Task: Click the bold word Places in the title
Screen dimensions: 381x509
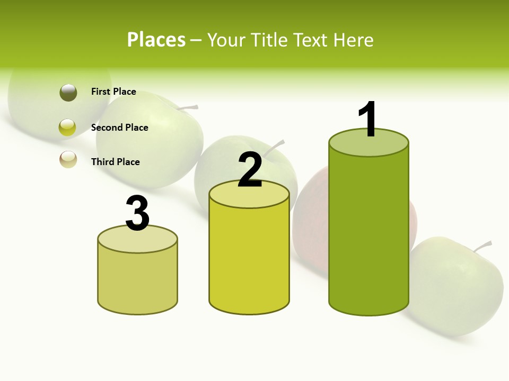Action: click(156, 40)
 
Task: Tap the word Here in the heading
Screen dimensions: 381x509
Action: click(354, 40)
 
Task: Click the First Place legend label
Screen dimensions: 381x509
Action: click(113, 92)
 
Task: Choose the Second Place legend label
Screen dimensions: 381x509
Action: click(119, 128)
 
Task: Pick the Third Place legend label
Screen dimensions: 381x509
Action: click(115, 162)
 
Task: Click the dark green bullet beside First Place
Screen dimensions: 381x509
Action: click(68, 93)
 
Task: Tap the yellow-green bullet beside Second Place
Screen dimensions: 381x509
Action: click(67, 128)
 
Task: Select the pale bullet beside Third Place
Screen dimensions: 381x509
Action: click(68, 159)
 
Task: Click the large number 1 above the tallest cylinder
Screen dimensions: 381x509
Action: click(367, 120)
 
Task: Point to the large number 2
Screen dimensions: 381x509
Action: click(250, 170)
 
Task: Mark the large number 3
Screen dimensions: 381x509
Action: click(137, 214)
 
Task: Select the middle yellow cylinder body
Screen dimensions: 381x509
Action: click(249, 259)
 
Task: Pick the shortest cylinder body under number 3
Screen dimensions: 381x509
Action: click(137, 280)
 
